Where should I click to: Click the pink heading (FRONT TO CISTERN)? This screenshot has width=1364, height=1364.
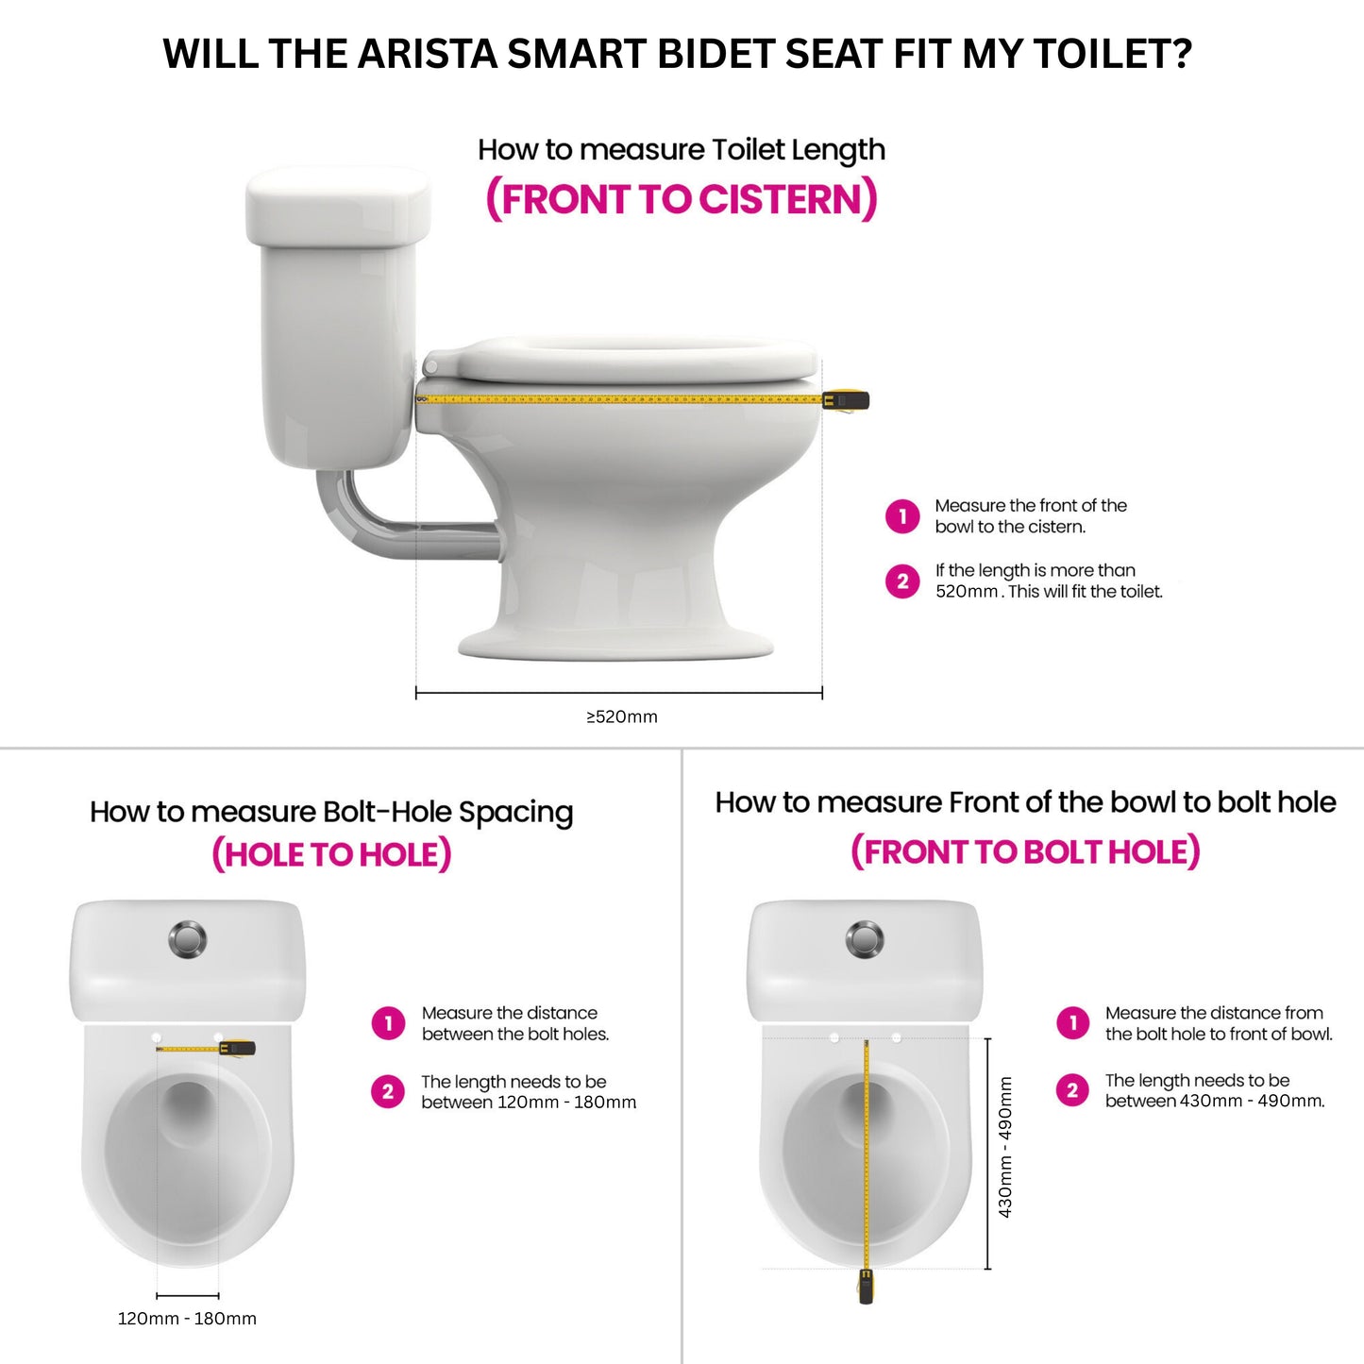click(x=682, y=200)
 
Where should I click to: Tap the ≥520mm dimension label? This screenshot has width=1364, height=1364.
click(x=622, y=716)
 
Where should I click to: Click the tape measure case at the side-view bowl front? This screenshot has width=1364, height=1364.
click(x=846, y=400)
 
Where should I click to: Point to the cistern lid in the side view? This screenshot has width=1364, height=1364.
click(x=338, y=205)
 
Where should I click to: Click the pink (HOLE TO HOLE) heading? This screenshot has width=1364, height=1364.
click(x=331, y=854)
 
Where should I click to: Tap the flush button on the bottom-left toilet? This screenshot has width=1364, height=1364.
click(x=188, y=939)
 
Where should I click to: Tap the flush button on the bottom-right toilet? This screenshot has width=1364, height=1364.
click(x=865, y=939)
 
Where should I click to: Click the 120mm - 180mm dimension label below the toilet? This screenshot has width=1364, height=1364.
click(x=187, y=1319)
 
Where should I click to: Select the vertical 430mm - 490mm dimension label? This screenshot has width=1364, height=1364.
click(x=1006, y=1148)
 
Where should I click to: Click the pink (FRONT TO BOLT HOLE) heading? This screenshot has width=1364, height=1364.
click(x=1025, y=851)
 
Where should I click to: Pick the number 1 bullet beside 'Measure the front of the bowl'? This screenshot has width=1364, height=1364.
click(x=902, y=516)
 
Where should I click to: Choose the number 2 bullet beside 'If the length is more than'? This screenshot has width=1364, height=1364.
click(x=902, y=581)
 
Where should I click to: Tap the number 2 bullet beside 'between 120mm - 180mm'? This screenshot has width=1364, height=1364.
click(x=388, y=1092)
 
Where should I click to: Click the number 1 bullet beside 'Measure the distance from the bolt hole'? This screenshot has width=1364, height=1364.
click(x=1072, y=1023)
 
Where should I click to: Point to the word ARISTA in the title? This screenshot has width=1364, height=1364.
click(x=429, y=54)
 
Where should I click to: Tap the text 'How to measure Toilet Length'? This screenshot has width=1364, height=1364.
click(x=681, y=150)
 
